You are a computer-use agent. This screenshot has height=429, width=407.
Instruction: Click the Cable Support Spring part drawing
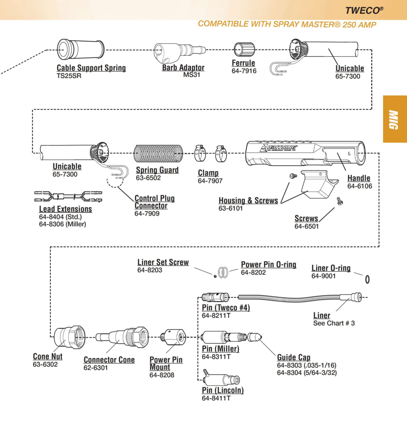click(80, 49)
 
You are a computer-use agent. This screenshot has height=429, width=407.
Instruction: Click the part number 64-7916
click(244, 71)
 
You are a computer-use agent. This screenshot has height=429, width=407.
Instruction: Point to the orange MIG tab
click(395, 119)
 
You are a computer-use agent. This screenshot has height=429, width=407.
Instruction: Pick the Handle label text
click(359, 178)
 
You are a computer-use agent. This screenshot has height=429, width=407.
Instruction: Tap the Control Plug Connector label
click(155, 202)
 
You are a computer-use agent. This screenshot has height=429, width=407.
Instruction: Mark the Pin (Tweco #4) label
click(225, 308)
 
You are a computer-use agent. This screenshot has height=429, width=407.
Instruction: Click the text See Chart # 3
click(334, 323)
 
